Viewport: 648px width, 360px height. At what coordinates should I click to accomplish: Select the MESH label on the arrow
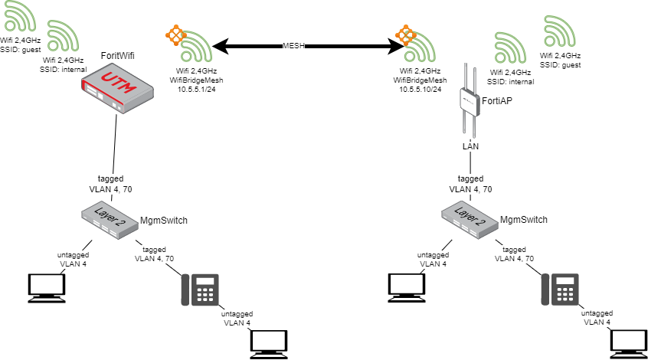(x=294, y=47)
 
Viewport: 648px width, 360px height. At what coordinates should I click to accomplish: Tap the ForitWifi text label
(x=123, y=56)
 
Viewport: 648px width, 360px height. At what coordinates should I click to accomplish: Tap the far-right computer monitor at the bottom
(x=630, y=343)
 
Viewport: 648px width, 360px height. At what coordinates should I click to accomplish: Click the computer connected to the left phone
(x=270, y=343)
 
